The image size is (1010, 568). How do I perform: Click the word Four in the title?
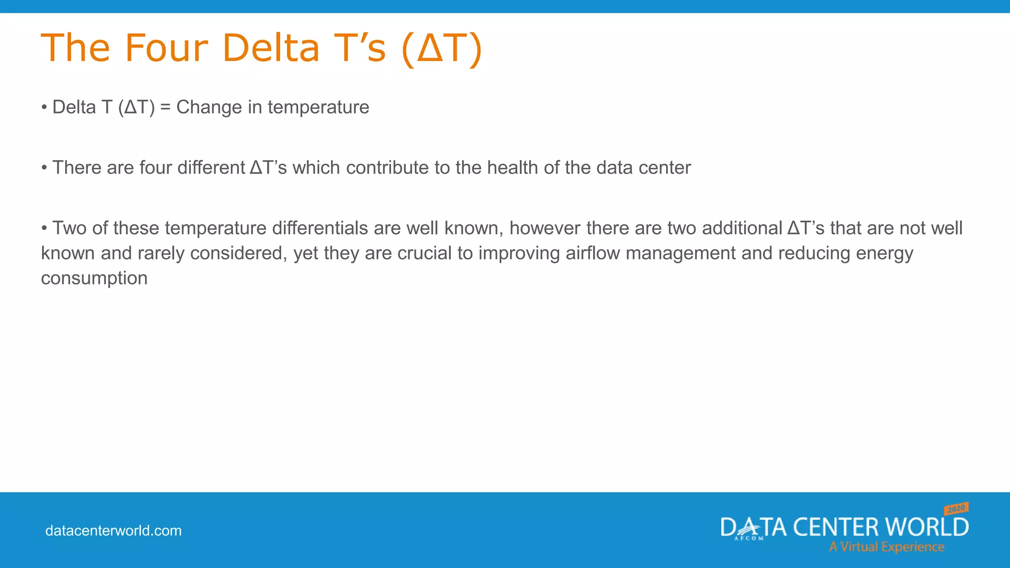point(166,48)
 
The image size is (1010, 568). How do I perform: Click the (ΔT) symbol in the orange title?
point(442,48)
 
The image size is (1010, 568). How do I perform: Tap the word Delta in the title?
point(271,48)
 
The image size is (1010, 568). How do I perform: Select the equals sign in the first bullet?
point(165,107)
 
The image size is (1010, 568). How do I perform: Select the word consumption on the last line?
point(94,279)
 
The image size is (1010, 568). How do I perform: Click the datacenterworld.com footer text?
point(113,531)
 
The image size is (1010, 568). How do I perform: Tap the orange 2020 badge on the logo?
point(956,508)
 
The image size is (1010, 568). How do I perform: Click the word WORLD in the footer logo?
point(927,527)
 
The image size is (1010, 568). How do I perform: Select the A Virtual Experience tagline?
point(886,547)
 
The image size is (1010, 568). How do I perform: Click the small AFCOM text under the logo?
point(749,538)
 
